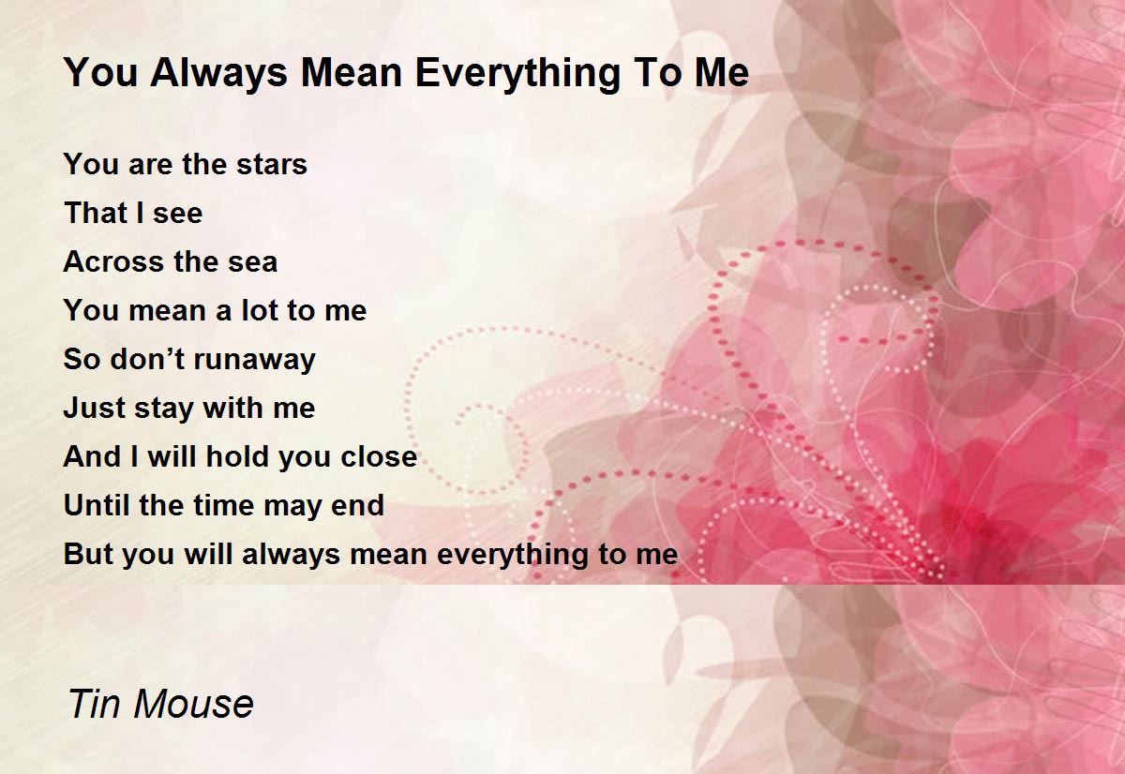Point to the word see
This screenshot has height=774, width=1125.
pos(177,214)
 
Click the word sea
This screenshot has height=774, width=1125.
pos(251,262)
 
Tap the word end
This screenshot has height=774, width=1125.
pos(357,506)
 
